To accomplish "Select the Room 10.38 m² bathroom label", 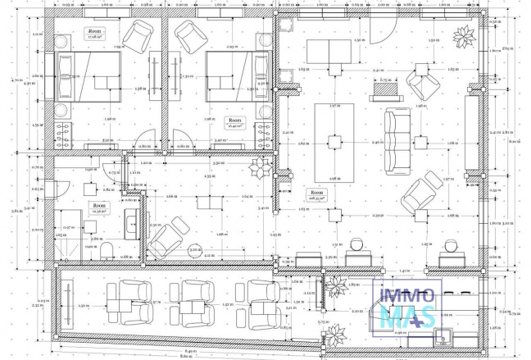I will point(99,207).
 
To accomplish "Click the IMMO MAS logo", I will point(407,304).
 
